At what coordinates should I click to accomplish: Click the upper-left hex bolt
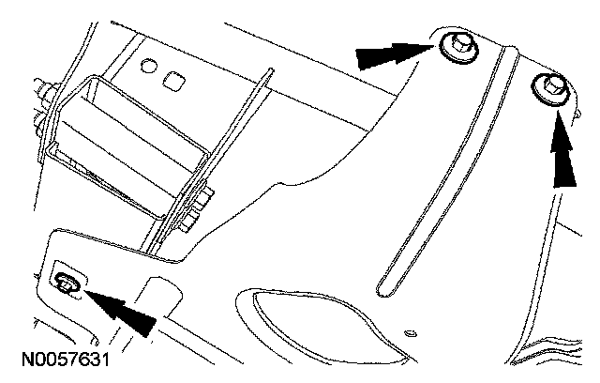click(460, 46)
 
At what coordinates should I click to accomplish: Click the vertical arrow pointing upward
click(562, 150)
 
